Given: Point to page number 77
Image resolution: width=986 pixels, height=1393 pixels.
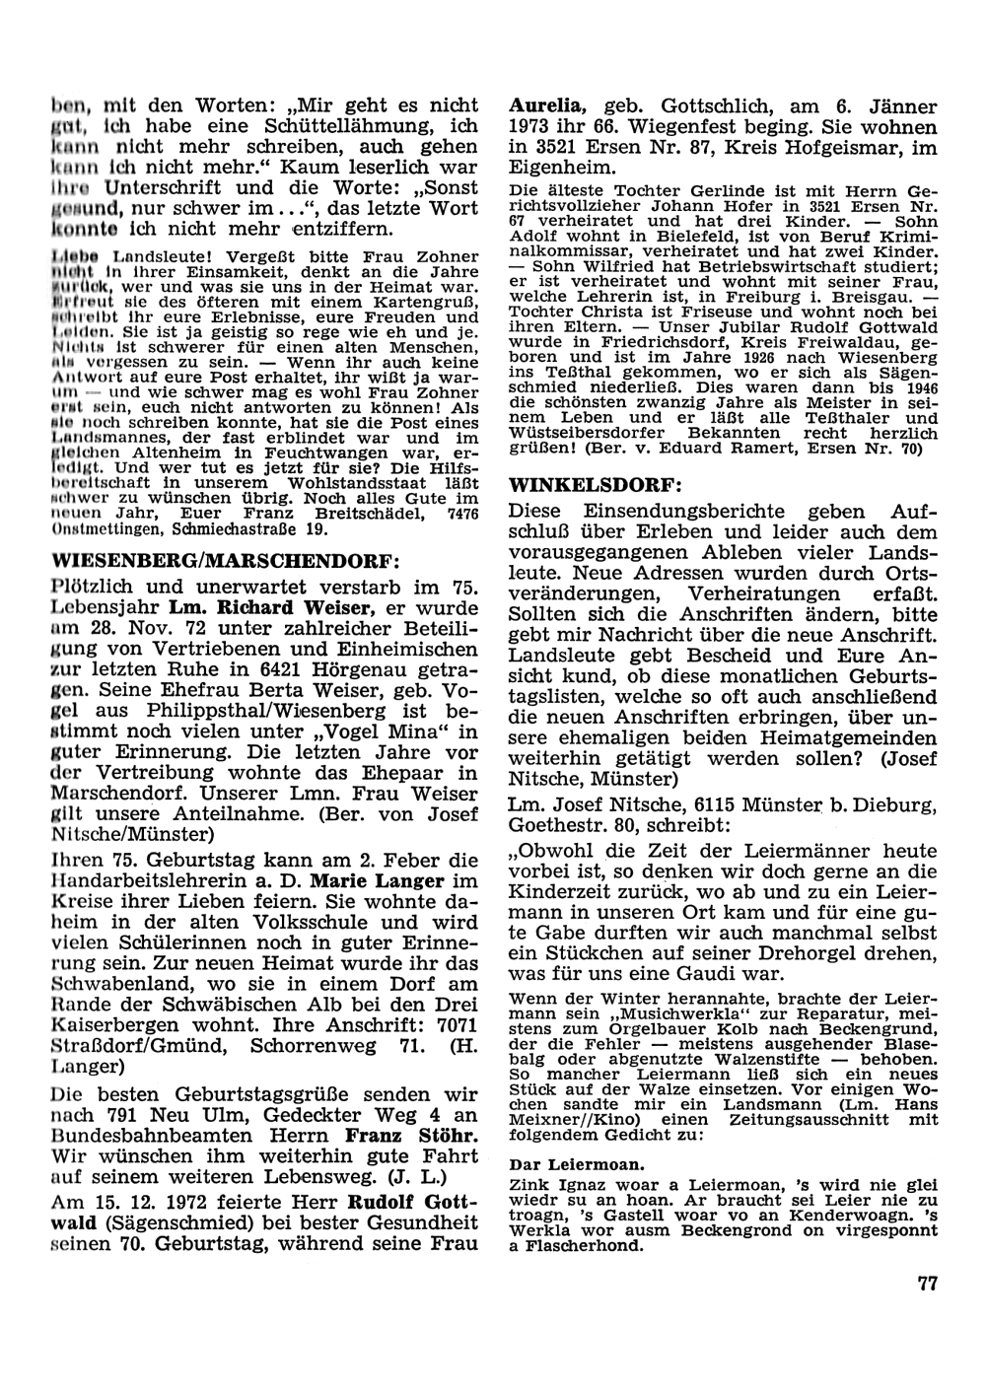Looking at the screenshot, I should tap(926, 1283).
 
